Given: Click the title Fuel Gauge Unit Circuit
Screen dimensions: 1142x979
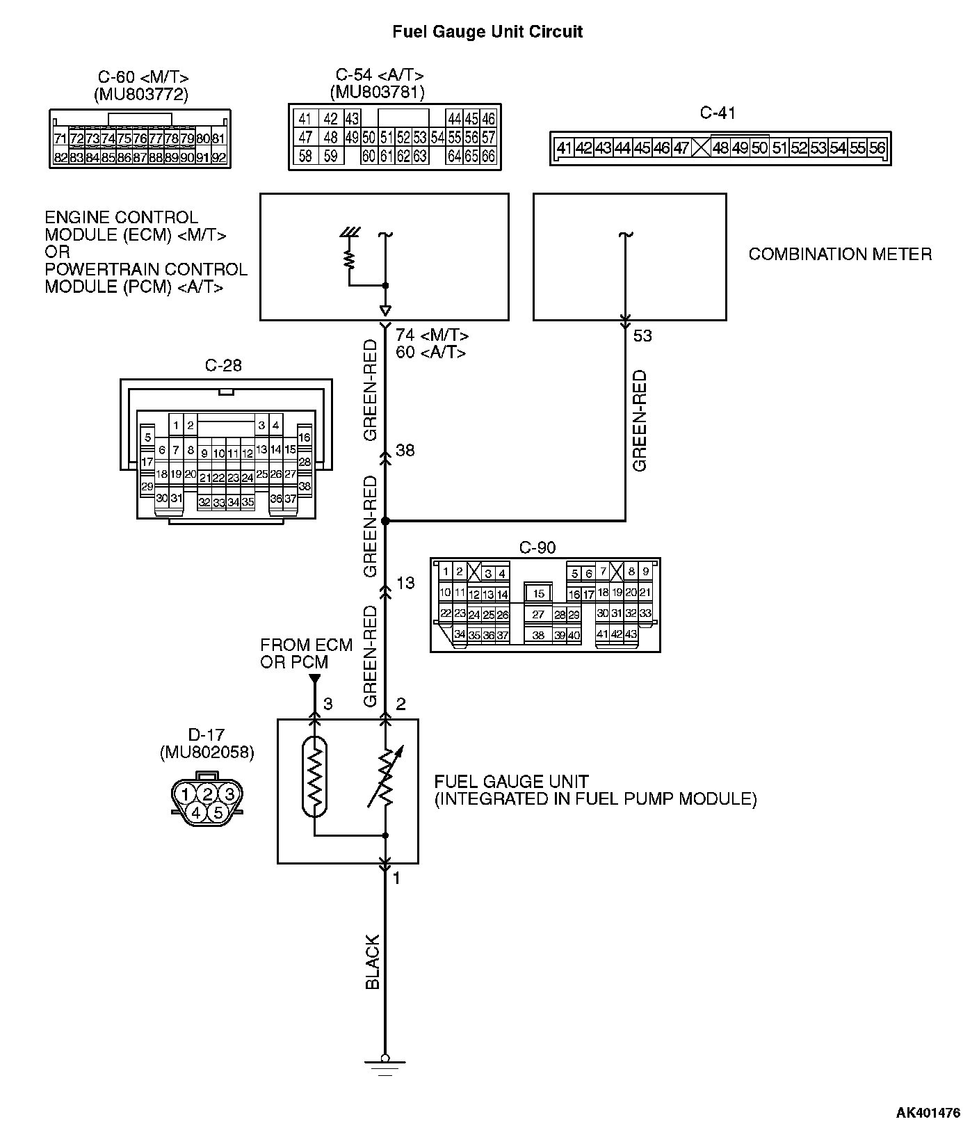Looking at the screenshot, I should pos(487,31).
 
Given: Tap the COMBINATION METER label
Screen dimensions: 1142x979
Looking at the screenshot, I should pos(840,255).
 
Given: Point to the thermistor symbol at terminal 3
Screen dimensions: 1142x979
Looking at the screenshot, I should pos(315,775).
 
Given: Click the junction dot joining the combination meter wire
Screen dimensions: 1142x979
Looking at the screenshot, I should pos(385,520).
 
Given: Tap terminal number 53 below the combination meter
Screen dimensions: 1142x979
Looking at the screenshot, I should pos(642,336).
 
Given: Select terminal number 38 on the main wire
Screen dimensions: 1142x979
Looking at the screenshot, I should pos(405,451).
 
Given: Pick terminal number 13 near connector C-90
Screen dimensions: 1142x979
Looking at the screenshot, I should pos(405,583).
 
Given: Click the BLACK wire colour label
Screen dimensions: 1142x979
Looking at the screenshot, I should pos(373,962).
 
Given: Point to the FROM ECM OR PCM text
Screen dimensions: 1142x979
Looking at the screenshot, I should pos(306,654).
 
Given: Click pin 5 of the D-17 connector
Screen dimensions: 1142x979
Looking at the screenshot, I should pos(218,812).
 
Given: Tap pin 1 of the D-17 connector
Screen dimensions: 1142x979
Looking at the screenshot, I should pos(184,794).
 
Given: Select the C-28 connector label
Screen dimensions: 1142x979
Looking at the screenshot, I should pos(224,366).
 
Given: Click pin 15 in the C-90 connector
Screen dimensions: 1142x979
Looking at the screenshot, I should pos(539,594).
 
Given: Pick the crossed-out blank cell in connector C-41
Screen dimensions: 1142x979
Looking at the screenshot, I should pos(702,148).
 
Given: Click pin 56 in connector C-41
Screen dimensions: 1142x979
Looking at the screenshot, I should pos(877,148).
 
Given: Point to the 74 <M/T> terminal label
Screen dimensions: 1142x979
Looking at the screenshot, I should pos(432,336).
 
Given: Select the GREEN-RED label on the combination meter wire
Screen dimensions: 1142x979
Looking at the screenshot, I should pos(639,421).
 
